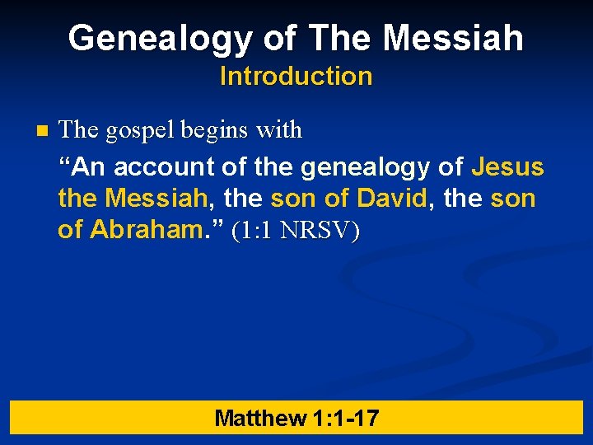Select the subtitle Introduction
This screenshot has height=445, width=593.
pyautogui.click(x=296, y=77)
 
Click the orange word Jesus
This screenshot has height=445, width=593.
pyautogui.click(x=507, y=167)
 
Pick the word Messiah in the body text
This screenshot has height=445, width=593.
pyautogui.click(x=156, y=199)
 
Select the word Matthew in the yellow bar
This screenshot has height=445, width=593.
pyautogui.click(x=259, y=418)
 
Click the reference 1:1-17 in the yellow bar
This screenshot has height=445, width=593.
pyautogui.click(x=346, y=418)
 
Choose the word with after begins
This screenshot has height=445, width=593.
pyautogui.click(x=279, y=130)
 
